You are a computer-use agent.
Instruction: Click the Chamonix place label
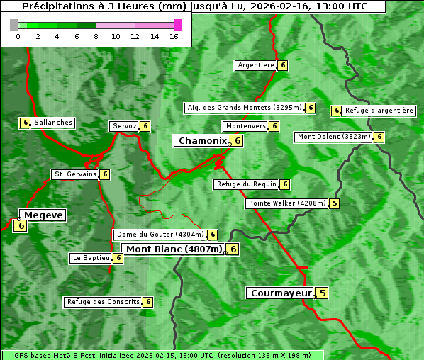201,141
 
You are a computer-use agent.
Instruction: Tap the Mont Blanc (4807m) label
174,249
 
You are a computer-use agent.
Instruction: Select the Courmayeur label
281,293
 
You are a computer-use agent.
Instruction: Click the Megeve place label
43,215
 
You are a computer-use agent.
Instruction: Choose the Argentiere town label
255,65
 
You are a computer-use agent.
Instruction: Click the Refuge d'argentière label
379,111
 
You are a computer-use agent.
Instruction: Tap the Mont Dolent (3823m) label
333,137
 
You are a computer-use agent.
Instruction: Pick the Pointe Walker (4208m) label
286,203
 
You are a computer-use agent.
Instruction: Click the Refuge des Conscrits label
103,302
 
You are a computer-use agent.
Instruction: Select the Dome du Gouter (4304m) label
160,235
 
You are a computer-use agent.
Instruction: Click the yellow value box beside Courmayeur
322,293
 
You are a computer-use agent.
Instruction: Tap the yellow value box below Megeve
20,226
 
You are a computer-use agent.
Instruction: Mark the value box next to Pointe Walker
335,203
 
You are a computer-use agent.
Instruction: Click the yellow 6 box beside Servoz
145,126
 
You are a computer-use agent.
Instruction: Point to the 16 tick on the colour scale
174,36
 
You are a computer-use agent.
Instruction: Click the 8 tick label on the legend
96,36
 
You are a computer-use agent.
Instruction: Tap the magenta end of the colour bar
177,25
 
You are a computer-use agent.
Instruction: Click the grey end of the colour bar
14,25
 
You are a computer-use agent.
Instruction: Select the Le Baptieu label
91,258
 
